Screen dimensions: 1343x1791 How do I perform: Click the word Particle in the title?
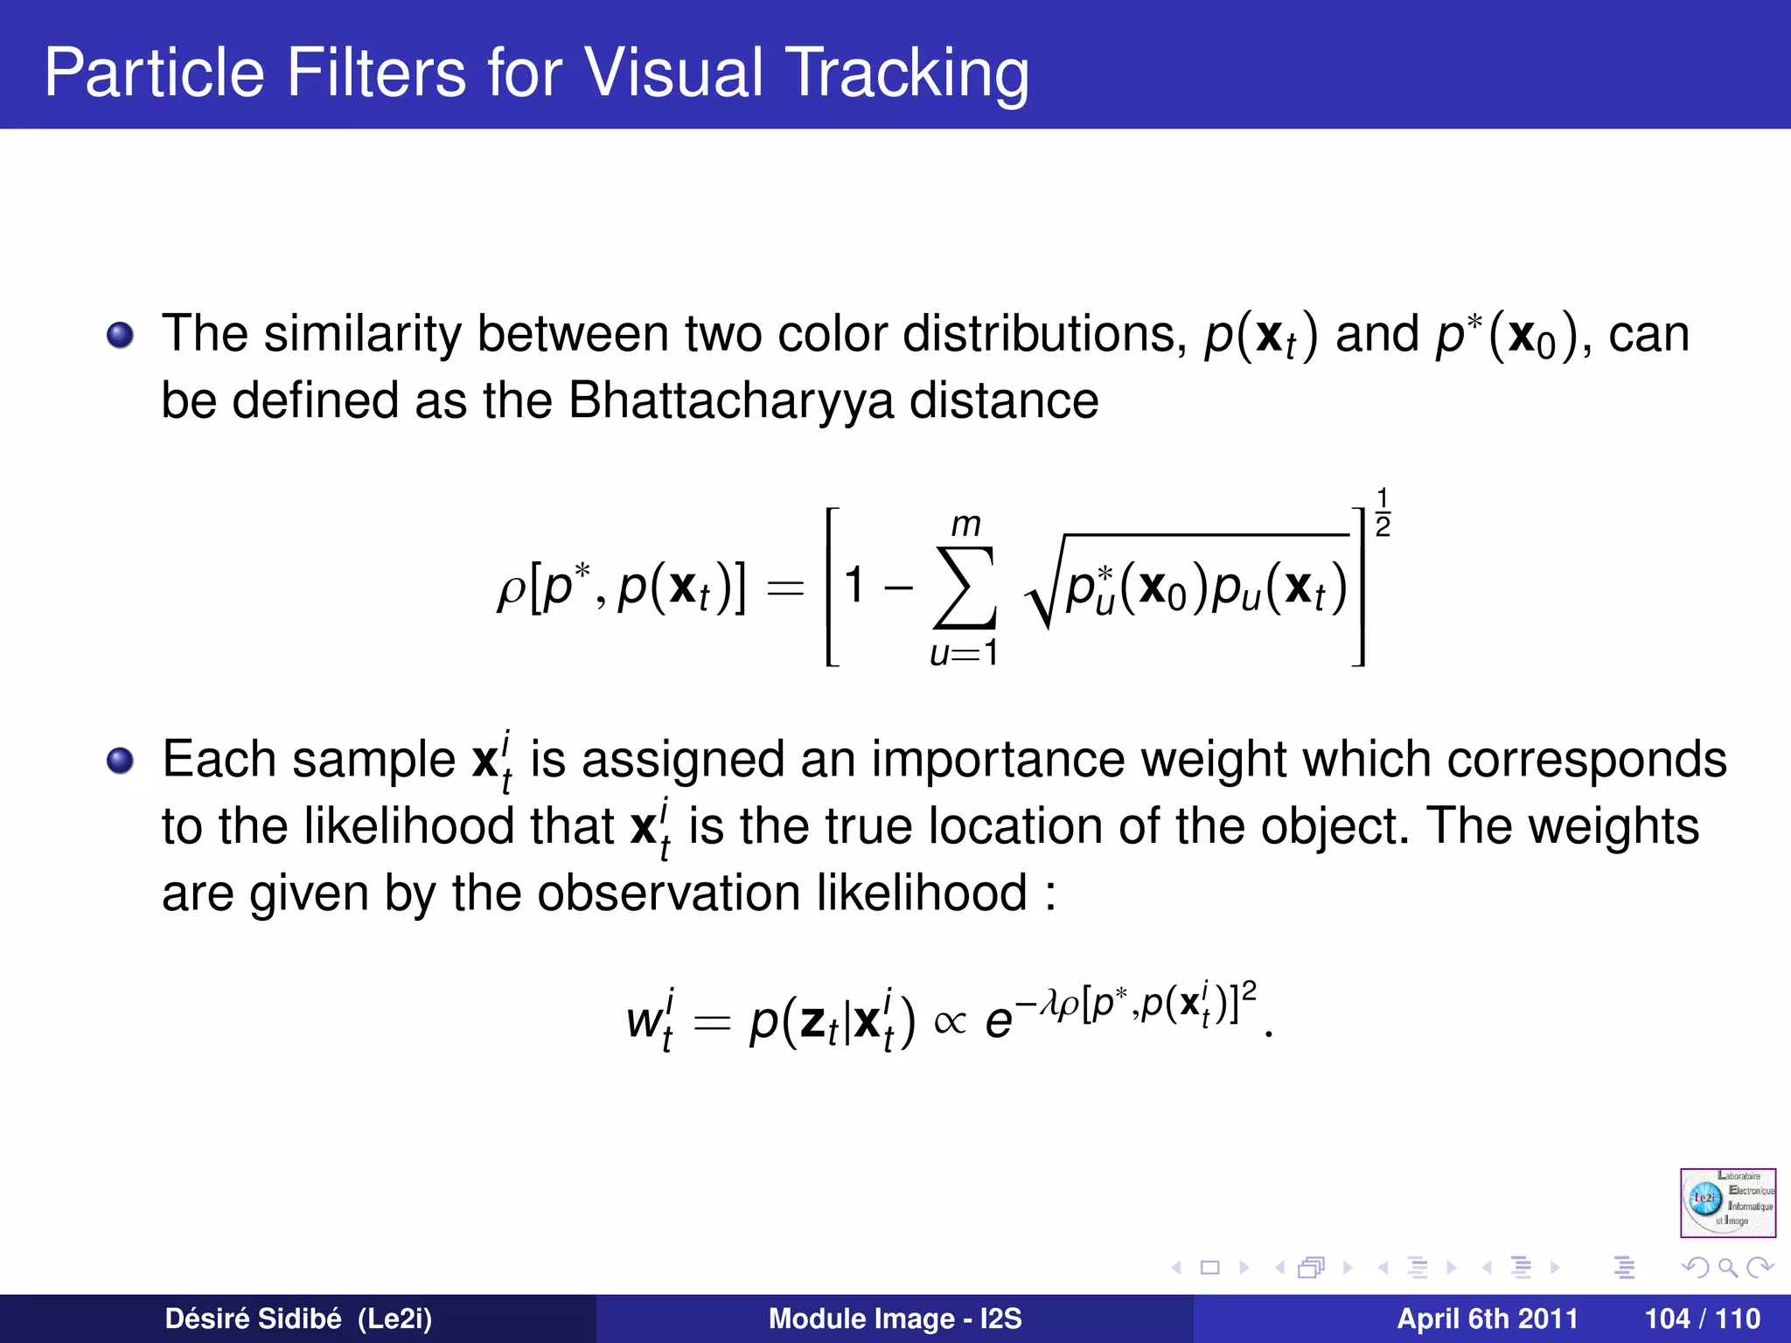point(154,72)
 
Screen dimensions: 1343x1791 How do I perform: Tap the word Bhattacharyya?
point(731,401)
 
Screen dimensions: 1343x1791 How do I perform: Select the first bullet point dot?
point(120,335)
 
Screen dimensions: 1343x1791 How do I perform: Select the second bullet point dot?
point(120,760)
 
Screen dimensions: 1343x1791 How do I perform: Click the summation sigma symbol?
point(965,588)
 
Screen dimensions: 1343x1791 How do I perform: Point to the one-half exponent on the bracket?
point(1383,512)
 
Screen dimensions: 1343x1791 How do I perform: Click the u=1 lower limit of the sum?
point(964,653)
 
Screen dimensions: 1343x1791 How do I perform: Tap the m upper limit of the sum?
point(965,525)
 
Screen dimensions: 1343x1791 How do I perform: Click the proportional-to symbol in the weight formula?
point(950,1021)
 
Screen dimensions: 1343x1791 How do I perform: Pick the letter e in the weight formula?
point(999,1021)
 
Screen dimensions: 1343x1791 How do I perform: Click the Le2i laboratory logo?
point(1727,1202)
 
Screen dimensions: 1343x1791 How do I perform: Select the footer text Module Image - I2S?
point(895,1319)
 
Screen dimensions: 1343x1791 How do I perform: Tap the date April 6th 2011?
point(1487,1319)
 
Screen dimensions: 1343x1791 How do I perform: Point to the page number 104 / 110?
point(1702,1319)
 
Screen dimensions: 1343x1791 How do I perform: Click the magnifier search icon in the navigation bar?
point(1727,1267)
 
